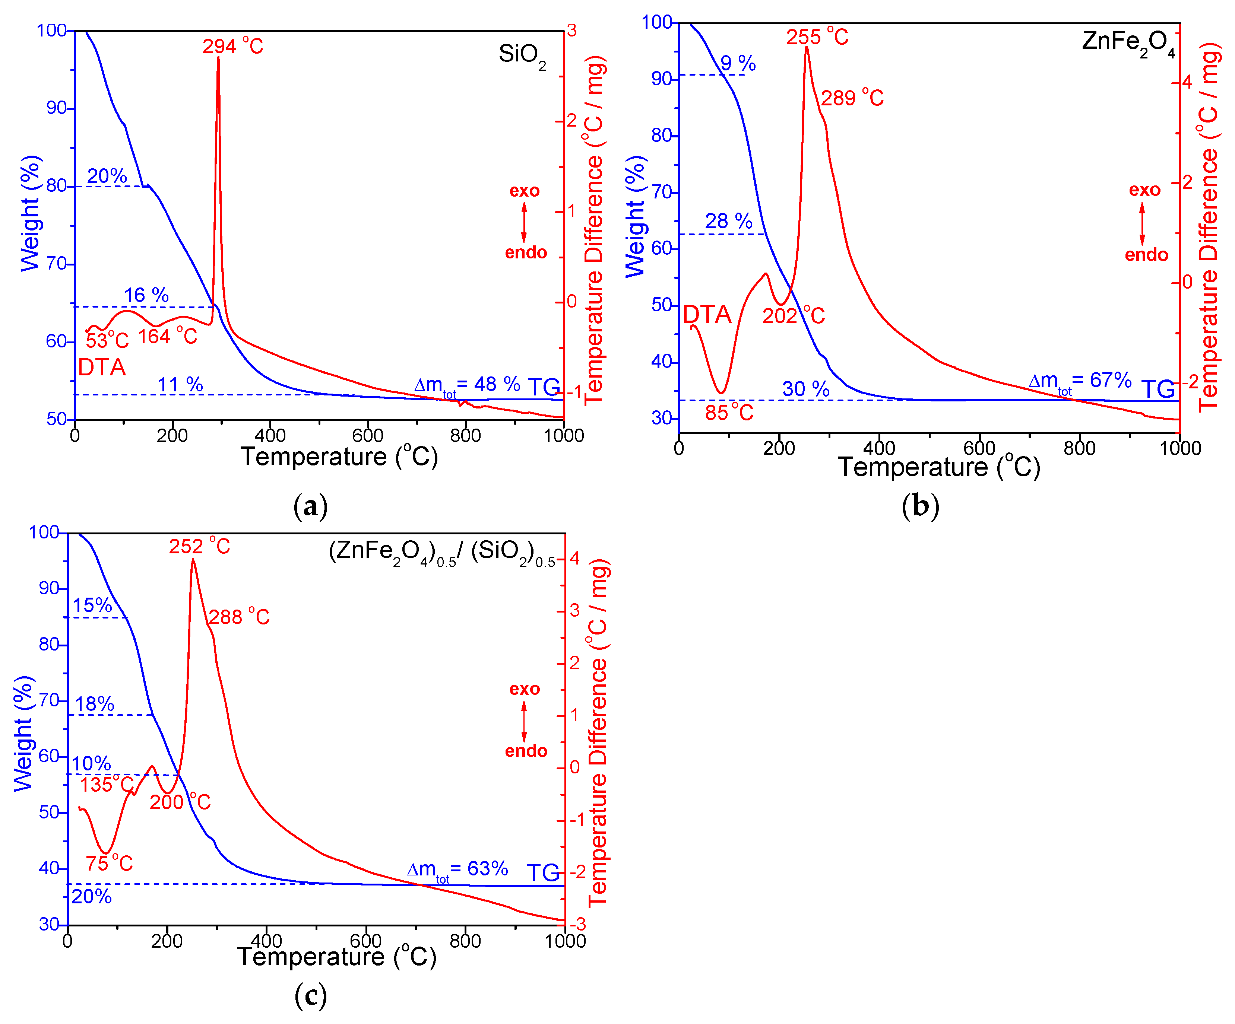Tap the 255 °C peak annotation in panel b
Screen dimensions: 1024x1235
click(x=817, y=37)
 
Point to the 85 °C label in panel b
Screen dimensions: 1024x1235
click(x=729, y=413)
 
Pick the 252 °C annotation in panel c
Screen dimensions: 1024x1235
click(x=199, y=547)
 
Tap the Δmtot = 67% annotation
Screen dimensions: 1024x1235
click(x=1080, y=382)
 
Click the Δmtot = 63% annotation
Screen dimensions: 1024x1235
click(x=457, y=869)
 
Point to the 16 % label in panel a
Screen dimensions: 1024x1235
click(x=146, y=295)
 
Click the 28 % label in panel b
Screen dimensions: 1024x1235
click(x=729, y=222)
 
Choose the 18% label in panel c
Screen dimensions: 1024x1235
click(x=94, y=704)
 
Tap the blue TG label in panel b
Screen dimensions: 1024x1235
click(x=1158, y=389)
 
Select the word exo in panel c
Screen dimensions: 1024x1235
click(x=525, y=689)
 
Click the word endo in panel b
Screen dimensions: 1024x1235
click(x=1146, y=255)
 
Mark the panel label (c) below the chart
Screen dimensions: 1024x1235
click(x=310, y=995)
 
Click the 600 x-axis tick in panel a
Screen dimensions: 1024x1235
click(x=368, y=436)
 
